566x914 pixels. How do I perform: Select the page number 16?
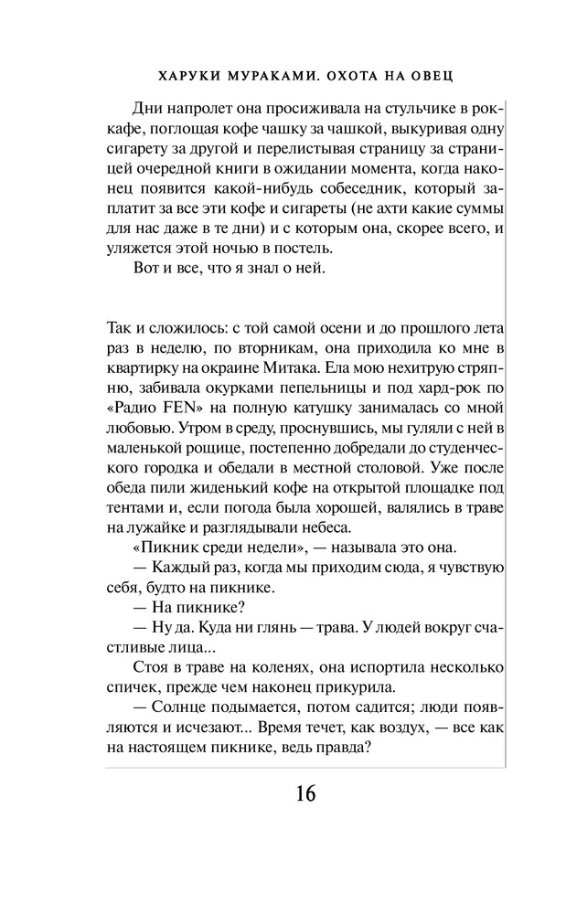[x=304, y=792]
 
